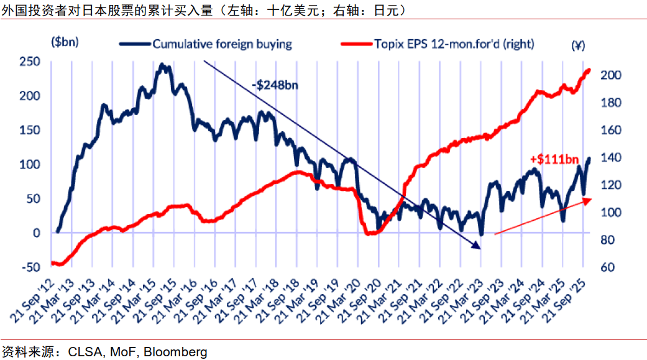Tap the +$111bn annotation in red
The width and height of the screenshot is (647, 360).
554,159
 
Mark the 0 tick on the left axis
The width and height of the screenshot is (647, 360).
37,233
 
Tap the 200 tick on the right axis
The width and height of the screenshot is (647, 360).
611,75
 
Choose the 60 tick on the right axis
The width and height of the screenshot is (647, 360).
608,267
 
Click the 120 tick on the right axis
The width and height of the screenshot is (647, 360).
611,185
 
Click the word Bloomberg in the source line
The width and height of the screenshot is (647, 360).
175,352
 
